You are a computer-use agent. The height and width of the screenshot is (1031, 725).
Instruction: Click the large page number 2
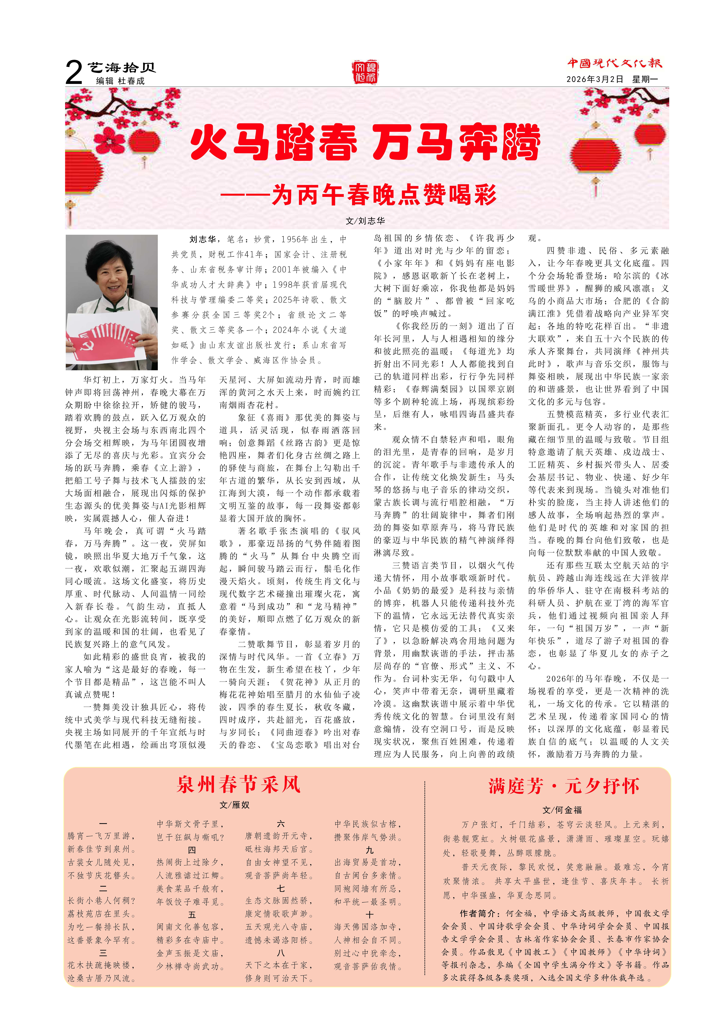coord(74,73)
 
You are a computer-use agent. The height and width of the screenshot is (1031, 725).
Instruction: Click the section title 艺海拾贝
coord(121,68)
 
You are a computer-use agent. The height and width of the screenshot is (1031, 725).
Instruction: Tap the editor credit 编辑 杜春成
coord(120,81)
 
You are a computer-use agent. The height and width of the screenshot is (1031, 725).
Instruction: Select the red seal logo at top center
coord(365,72)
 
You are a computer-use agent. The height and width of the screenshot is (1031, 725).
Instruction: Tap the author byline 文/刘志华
coord(365,221)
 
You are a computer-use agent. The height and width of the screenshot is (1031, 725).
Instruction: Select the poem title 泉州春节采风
coord(238,784)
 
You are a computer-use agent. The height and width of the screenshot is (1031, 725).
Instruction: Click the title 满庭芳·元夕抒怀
coord(564,786)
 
